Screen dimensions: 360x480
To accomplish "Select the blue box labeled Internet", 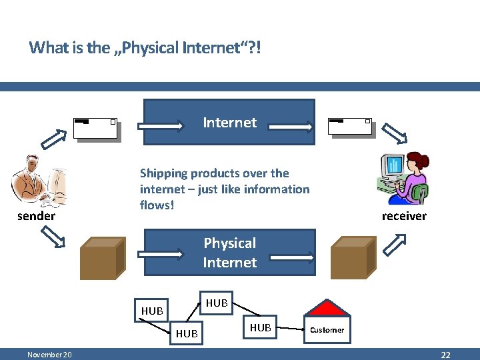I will (x=229, y=122).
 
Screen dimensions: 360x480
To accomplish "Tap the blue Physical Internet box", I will (x=229, y=253).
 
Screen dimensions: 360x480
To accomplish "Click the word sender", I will (x=36, y=216).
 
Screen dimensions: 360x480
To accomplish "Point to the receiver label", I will (x=404, y=216).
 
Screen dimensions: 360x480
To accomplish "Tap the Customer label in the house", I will (x=327, y=330).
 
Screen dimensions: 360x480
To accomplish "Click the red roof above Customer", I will (x=327, y=307).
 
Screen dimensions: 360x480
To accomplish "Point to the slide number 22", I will (x=446, y=355).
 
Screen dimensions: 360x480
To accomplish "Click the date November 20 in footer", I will (x=50, y=355).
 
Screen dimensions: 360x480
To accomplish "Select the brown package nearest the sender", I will (x=101, y=259).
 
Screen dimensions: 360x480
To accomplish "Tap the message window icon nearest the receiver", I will (x=350, y=127).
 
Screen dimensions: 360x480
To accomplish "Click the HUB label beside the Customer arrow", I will (x=260, y=328).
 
